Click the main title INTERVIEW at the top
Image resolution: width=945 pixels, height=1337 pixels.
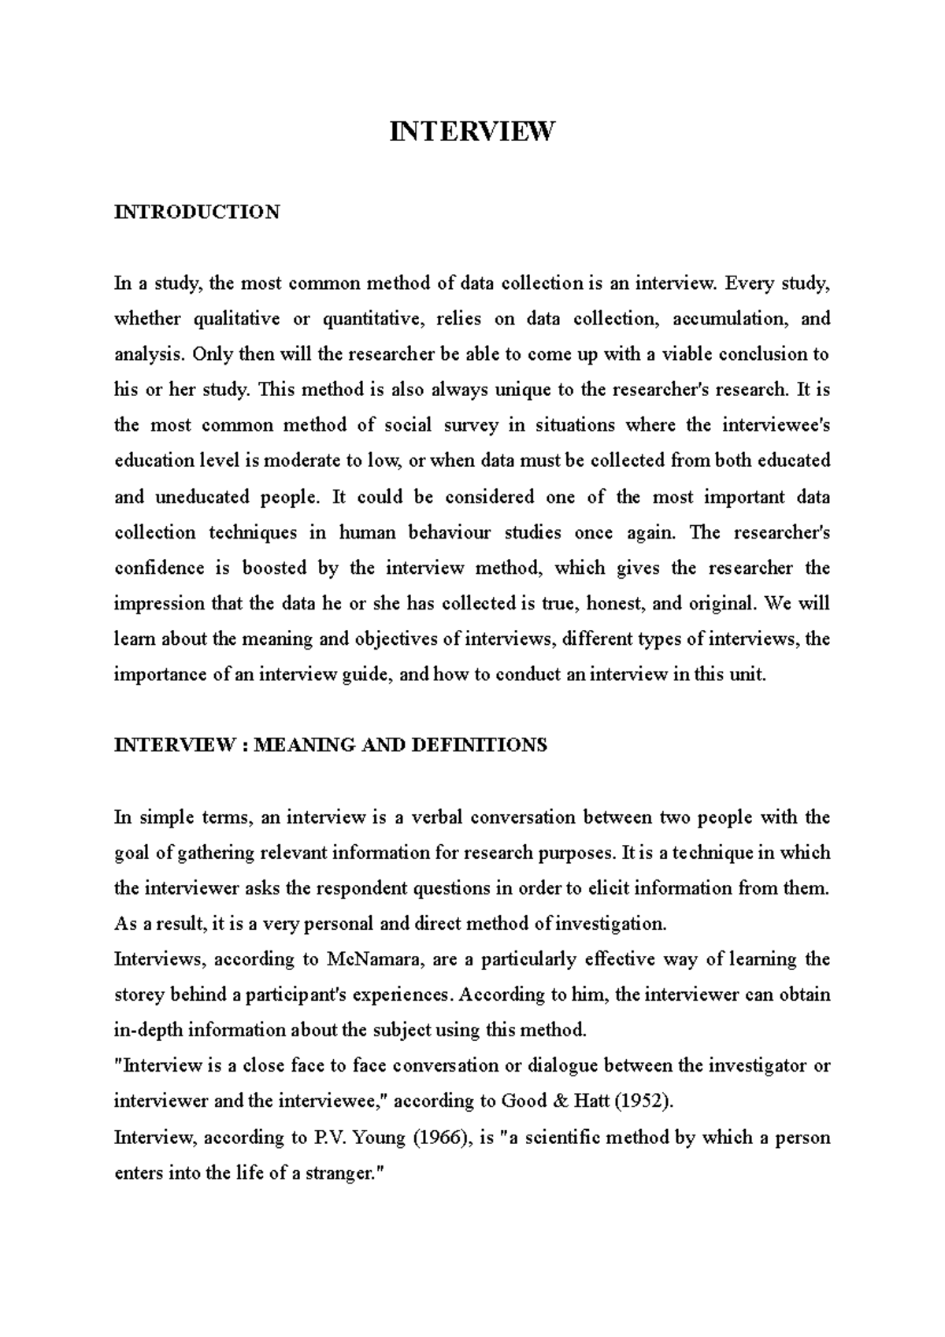pos(472,131)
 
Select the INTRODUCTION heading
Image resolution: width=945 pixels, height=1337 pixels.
pos(197,212)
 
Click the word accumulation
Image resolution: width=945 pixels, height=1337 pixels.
pos(723,319)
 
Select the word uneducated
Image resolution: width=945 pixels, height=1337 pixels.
pos(202,498)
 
